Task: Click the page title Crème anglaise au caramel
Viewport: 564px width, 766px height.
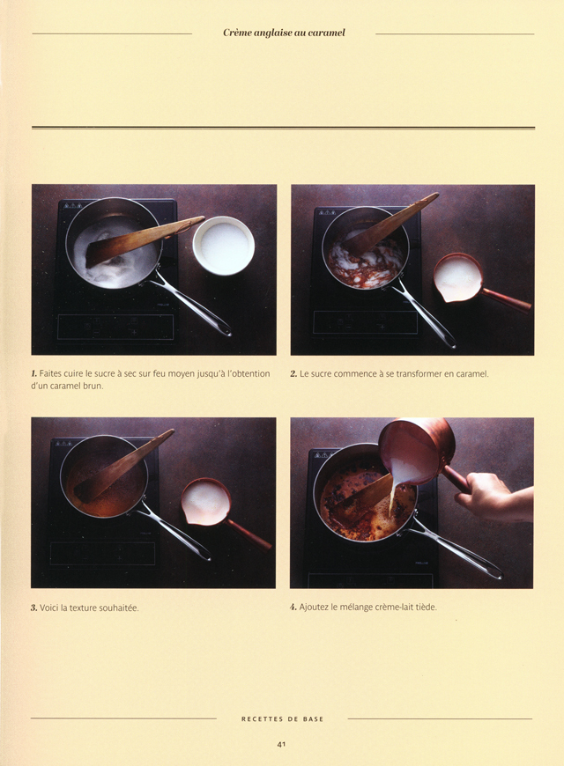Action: [x=283, y=33]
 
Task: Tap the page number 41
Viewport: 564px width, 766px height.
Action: [x=282, y=744]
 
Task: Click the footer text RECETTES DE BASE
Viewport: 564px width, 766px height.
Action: [x=282, y=719]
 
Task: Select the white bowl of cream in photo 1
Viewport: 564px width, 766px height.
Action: [x=223, y=245]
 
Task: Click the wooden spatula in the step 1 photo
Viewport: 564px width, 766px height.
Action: [x=141, y=240]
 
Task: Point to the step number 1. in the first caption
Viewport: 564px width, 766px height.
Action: [x=35, y=374]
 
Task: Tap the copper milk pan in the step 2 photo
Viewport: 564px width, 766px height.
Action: [x=459, y=277]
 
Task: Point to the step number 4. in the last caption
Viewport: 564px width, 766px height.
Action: [x=293, y=608]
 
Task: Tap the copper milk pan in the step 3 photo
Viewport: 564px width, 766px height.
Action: [x=206, y=502]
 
